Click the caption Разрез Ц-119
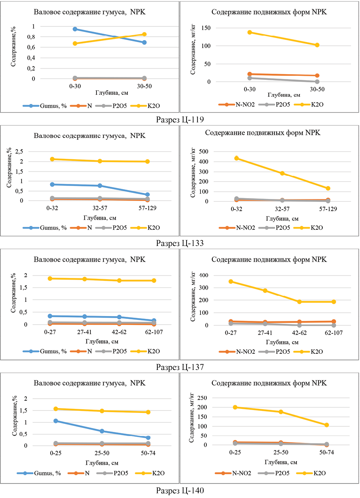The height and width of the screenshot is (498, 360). pos(180,119)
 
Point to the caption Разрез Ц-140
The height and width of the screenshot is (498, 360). pos(180,491)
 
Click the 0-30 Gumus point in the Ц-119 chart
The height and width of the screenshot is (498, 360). pos(75,29)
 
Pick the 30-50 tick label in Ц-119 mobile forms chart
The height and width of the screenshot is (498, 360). pos(317,88)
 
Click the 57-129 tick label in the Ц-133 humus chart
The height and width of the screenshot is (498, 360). pos(148,209)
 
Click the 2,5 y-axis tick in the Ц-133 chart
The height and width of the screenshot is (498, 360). pos(19,152)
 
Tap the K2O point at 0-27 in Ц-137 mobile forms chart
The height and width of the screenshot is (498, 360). pos(231,281)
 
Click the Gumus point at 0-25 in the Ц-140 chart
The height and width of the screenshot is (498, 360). pos(56,421)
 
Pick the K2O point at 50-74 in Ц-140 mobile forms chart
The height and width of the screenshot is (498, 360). pos(326,425)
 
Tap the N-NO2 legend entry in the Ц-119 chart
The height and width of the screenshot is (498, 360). pos(241,105)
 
